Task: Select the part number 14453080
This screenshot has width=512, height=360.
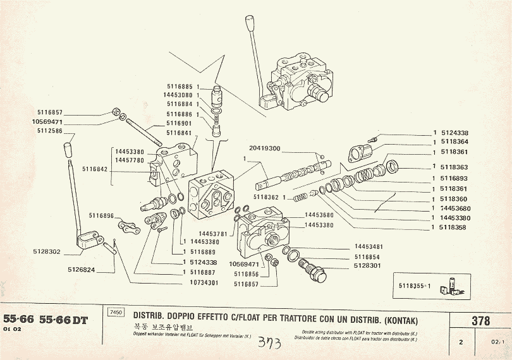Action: click(x=177, y=95)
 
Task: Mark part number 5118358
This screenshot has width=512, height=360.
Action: click(x=454, y=227)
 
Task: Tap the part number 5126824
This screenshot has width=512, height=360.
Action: click(x=82, y=270)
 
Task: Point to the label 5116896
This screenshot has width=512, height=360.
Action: click(x=101, y=216)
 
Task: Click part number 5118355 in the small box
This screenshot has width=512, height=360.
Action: click(x=414, y=285)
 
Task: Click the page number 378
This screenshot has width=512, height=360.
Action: click(x=480, y=321)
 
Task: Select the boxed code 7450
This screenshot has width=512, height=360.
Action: click(x=116, y=312)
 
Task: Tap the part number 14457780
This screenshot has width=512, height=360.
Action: click(x=129, y=160)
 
